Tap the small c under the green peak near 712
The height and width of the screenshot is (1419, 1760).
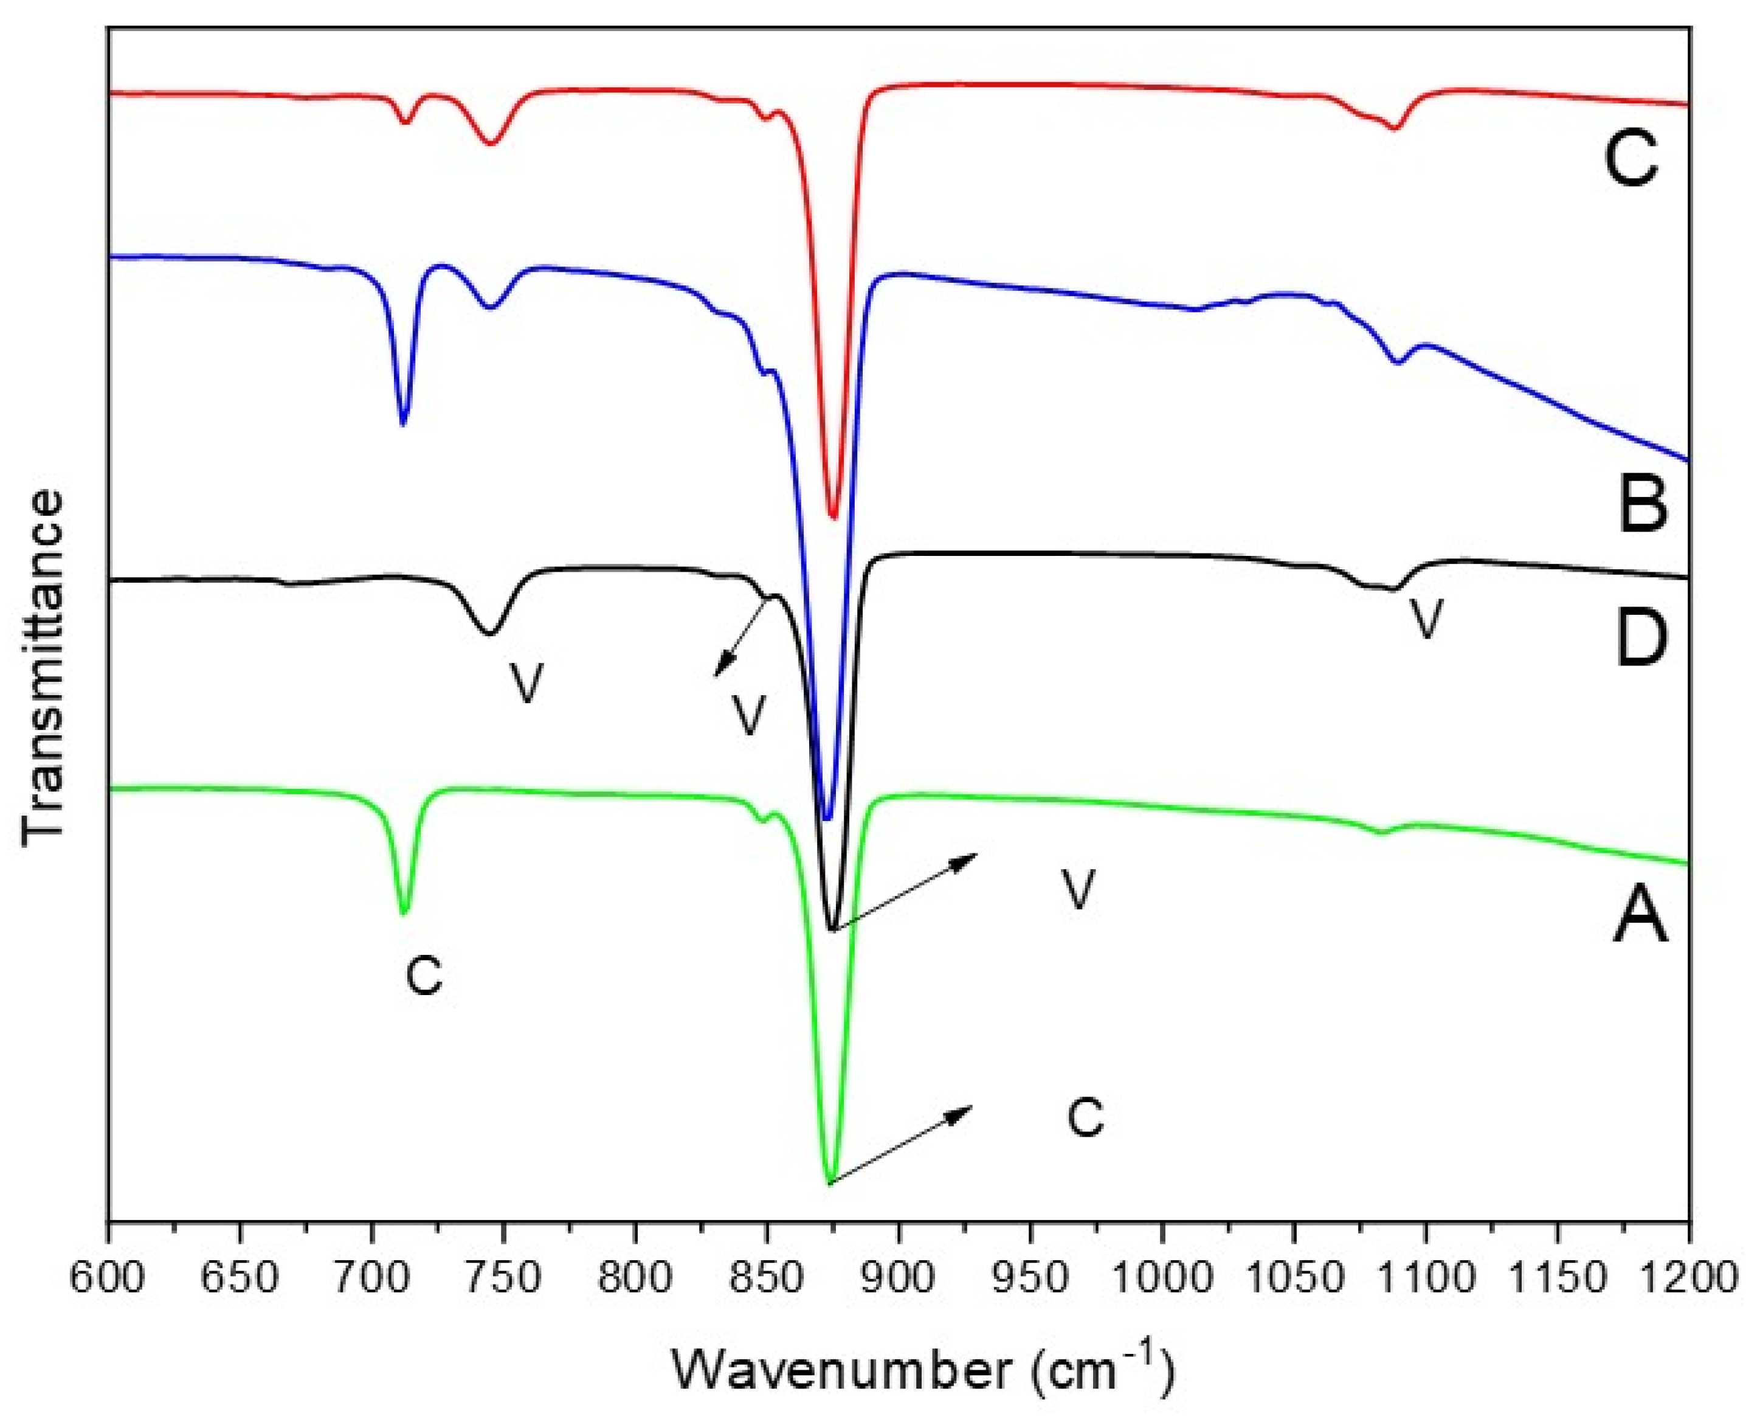click(x=424, y=976)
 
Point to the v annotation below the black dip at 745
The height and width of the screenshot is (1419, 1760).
click(x=527, y=682)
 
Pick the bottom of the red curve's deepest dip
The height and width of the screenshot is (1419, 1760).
click(x=833, y=518)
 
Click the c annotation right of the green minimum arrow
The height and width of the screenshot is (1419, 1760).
click(x=1086, y=1117)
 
